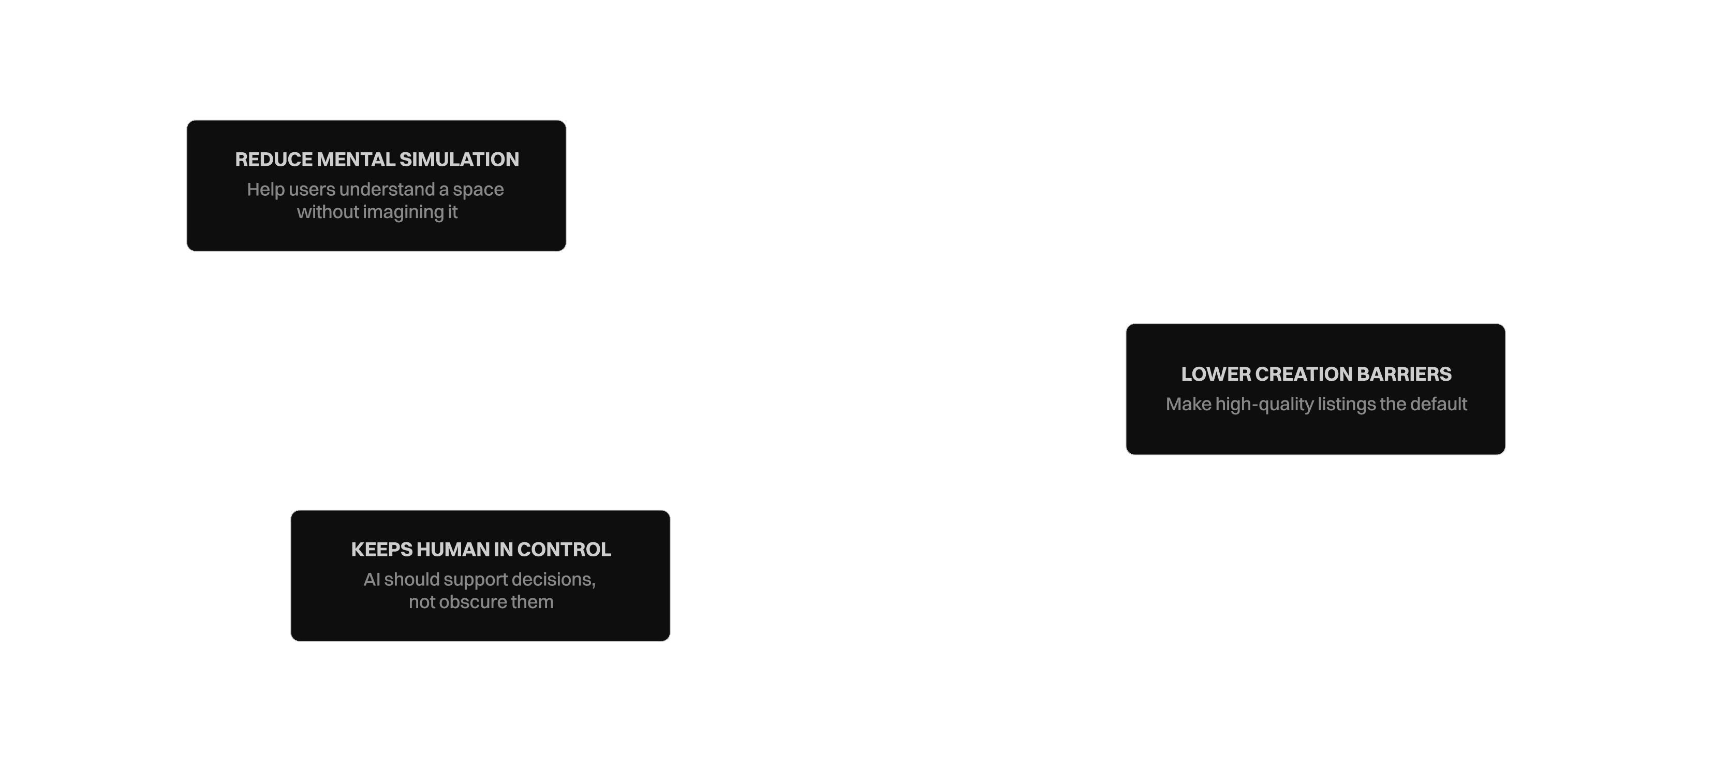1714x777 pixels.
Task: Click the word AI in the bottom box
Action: click(371, 580)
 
